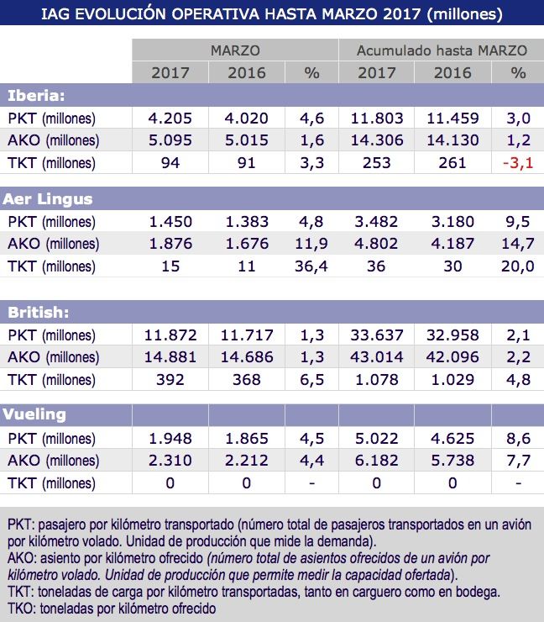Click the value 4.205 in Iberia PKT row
170,118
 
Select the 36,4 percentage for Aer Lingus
311,266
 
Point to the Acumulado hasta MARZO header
442,50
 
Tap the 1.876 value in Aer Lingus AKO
170,244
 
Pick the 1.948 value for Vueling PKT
170,438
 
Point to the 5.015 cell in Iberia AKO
248,140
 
